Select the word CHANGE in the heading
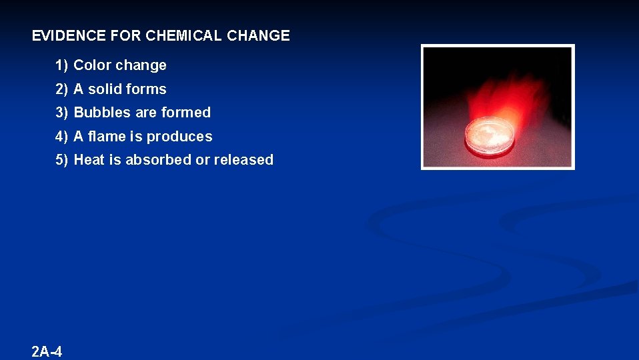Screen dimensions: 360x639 tap(258, 36)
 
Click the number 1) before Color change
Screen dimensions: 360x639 tap(62, 65)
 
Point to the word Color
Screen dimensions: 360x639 tap(92, 65)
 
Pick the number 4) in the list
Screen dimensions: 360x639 tap(62, 137)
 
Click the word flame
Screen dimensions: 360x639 tap(106, 137)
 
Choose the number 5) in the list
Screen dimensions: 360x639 tap(62, 160)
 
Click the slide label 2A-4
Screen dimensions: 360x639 tap(47, 351)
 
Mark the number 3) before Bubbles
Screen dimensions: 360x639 tap(62, 113)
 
